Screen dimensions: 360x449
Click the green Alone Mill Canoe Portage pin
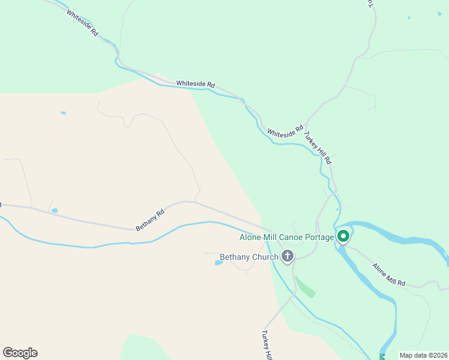click(x=343, y=236)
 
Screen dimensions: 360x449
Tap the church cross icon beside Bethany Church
click(x=288, y=257)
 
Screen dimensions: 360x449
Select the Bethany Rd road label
click(x=149, y=220)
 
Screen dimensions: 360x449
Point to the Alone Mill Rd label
click(x=388, y=275)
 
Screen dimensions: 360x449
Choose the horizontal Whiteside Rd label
click(x=195, y=85)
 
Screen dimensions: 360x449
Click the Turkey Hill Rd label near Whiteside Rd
click(x=318, y=148)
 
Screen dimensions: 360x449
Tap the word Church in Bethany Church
click(x=265, y=257)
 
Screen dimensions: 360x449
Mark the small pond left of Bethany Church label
click(x=218, y=262)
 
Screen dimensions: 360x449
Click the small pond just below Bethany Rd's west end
click(x=55, y=211)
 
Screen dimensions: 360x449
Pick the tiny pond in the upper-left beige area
click(x=63, y=113)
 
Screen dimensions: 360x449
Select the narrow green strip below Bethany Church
click(x=306, y=286)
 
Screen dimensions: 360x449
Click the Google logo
click(x=20, y=353)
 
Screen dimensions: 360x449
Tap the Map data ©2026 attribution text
click(x=423, y=355)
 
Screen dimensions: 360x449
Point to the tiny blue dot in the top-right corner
click(x=408, y=17)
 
